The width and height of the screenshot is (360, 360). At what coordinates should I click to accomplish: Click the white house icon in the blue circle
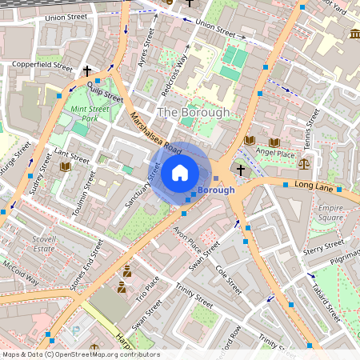180,172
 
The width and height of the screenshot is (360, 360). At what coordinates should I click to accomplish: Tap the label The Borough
193,113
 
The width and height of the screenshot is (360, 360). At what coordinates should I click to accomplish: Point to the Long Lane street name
312,185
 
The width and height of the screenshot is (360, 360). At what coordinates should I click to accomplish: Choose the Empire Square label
330,212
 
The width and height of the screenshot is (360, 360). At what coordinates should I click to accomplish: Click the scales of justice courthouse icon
303,162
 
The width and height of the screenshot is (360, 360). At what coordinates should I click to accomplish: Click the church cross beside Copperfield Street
86,71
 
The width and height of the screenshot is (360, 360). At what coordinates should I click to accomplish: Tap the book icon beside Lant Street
65,166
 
